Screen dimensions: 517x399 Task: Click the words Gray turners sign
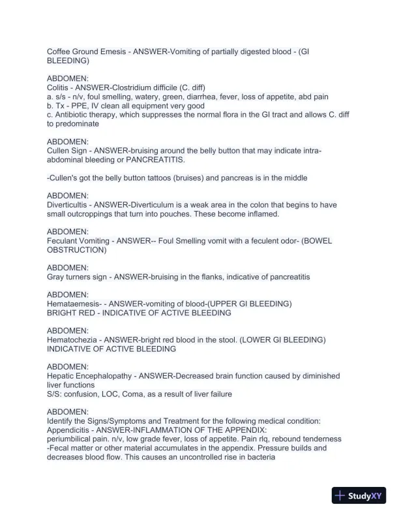pyautogui.click(x=78, y=277)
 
